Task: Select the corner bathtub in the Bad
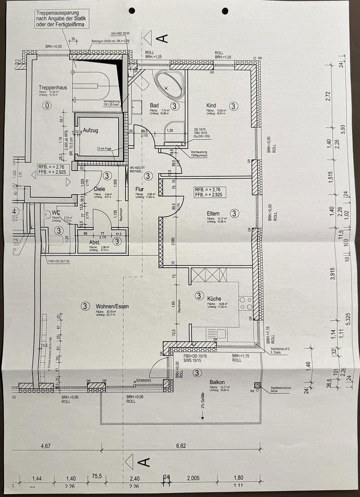(169, 84)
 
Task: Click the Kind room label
(211, 106)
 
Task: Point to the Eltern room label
(213, 213)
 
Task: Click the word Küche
(214, 298)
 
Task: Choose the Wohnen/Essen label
(112, 306)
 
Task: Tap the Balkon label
(217, 382)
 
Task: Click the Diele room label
(100, 189)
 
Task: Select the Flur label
(140, 189)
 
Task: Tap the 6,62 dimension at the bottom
(181, 446)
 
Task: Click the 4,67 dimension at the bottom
(46, 446)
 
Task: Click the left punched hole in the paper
(132, 10)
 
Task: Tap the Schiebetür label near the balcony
(143, 380)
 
